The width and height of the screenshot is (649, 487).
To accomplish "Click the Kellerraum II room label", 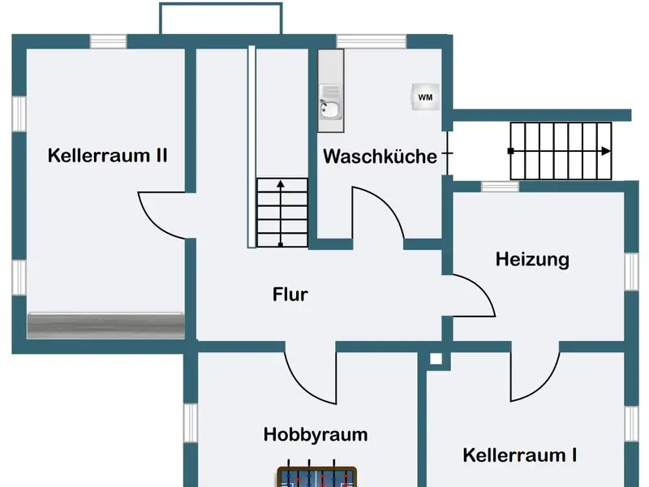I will point(108,155).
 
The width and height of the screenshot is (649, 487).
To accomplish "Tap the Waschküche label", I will point(380,157).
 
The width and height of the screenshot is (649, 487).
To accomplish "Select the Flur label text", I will point(290,294).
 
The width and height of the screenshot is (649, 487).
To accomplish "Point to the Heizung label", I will point(532,260).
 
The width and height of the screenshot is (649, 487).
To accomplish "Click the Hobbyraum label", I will point(315,434).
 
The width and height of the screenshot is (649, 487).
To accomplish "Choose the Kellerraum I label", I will point(520,455).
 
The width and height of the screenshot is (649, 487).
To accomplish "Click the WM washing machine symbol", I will point(425,97).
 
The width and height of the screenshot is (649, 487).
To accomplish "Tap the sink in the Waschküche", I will point(329,109).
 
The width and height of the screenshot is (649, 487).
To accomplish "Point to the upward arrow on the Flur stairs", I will point(281,185).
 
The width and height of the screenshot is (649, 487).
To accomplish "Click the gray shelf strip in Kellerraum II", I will point(105,325).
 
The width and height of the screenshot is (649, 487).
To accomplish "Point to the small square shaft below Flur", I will point(436,358).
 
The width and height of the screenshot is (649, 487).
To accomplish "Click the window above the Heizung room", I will point(500,187).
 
